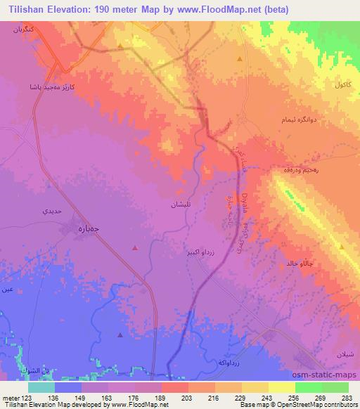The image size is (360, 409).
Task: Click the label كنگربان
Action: point(21,32)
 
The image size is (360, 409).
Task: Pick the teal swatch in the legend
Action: point(41,387)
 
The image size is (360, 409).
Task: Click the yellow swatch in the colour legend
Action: point(281,387)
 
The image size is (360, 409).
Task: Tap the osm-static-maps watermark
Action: point(330,375)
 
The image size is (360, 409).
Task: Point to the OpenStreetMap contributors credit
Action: point(323,405)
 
